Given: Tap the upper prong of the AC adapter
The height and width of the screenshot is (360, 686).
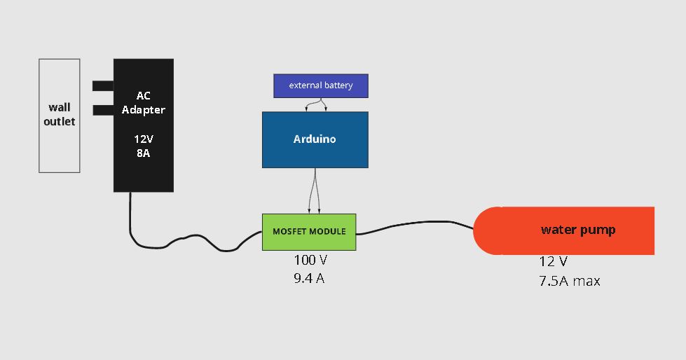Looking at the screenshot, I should (x=103, y=85).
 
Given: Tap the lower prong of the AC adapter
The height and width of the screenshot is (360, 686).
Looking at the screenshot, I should (x=103, y=110).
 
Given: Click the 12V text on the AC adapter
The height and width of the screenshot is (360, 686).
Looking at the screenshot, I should (x=143, y=139).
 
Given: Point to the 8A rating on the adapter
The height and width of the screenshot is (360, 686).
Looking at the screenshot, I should (x=143, y=153).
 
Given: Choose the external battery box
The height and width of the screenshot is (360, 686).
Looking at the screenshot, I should (x=320, y=85).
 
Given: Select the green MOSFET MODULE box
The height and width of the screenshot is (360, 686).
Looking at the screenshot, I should (x=309, y=232).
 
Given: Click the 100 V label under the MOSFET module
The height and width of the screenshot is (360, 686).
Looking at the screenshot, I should (x=310, y=260).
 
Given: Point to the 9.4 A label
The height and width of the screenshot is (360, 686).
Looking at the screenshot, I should (x=309, y=279).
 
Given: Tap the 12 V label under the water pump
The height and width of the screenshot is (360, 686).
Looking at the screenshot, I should (x=553, y=261).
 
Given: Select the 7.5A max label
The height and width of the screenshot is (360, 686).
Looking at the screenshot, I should (x=569, y=281).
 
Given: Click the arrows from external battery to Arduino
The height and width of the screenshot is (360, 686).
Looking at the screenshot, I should (x=316, y=104).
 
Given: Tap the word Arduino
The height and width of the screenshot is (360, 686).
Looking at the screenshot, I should (x=315, y=139).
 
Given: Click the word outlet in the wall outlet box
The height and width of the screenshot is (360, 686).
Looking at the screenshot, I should (x=60, y=121).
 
